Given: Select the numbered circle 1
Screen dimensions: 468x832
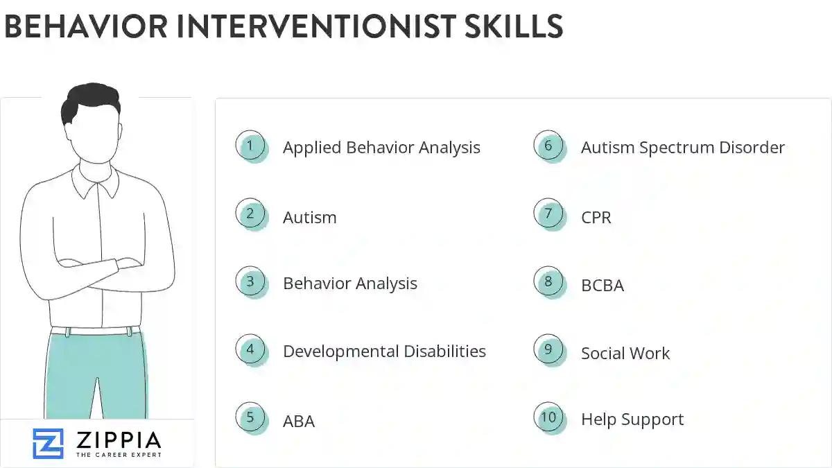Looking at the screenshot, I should click(250, 146).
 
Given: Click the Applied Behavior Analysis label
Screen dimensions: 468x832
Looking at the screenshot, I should click(381, 148).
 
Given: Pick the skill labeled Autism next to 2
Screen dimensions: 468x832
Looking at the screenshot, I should click(309, 218).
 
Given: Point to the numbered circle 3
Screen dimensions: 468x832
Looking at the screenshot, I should click(250, 282).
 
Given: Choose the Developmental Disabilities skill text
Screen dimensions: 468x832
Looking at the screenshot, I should click(384, 352).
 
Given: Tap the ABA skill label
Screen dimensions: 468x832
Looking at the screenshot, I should click(298, 422).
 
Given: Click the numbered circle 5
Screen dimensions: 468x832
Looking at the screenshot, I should click(250, 417).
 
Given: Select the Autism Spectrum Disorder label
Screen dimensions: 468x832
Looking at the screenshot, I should click(682, 148).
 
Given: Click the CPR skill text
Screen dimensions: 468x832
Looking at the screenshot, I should click(596, 218).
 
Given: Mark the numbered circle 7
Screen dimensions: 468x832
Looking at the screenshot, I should click(548, 214).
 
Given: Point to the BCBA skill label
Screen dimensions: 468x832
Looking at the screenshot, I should click(602, 285).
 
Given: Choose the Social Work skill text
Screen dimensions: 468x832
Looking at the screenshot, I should click(625, 354).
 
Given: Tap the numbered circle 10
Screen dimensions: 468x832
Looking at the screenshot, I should click(548, 417).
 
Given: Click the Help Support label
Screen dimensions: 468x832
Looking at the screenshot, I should click(632, 419).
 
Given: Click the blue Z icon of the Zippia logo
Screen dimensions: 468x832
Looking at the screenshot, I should click(48, 443).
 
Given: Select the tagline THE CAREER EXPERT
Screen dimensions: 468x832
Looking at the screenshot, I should click(118, 455).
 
